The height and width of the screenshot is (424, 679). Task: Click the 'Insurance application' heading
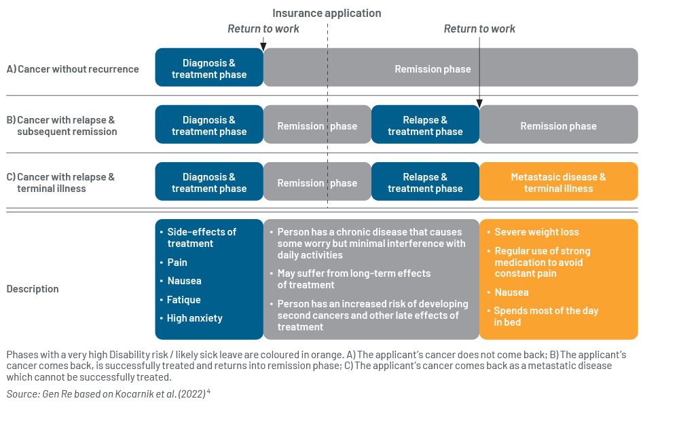tap(327, 14)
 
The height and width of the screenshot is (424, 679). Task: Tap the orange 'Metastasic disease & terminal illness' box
tap(559, 181)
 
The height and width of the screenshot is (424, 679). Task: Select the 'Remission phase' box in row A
tap(450, 67)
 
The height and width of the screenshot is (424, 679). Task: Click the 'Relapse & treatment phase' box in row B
tap(425, 124)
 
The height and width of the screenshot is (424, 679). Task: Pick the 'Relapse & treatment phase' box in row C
tap(425, 181)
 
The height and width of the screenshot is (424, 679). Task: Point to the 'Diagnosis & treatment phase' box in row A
tap(209, 67)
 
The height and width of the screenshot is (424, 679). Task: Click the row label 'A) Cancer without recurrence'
tap(73, 69)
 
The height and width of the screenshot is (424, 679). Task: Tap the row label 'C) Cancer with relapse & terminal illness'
tap(60, 182)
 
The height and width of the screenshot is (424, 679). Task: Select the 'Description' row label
tap(33, 289)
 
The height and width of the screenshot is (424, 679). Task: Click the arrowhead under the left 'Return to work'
tap(263, 47)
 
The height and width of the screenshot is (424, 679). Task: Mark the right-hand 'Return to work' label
tap(479, 28)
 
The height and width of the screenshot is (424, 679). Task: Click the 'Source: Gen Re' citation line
tap(108, 393)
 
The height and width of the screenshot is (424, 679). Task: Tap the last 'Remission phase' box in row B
tap(559, 124)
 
